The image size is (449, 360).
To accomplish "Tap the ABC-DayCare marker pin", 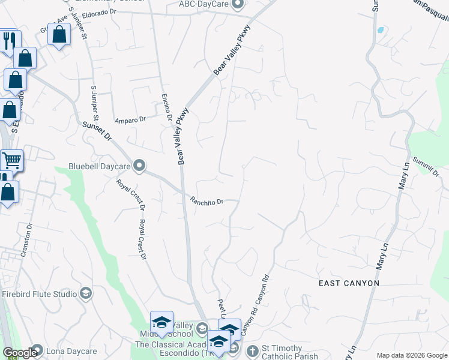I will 237,5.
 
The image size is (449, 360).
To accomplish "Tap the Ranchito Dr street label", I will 207,201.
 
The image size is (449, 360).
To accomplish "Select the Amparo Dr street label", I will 130,119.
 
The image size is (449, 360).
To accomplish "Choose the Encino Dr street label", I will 167,109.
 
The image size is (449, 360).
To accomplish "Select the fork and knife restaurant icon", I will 9,40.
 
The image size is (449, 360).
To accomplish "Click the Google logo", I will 20,353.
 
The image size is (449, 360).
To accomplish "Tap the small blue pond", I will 380,29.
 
